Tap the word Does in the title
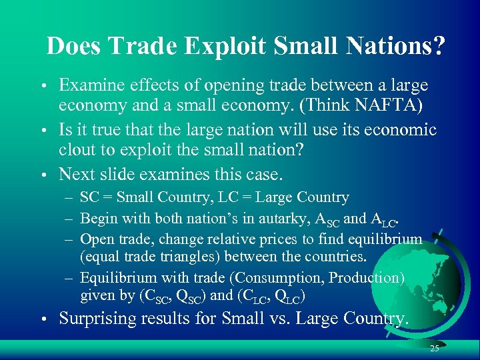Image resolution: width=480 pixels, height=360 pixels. point(70,45)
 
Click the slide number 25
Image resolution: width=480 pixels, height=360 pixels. point(434,348)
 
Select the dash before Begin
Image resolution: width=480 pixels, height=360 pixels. point(69,218)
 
